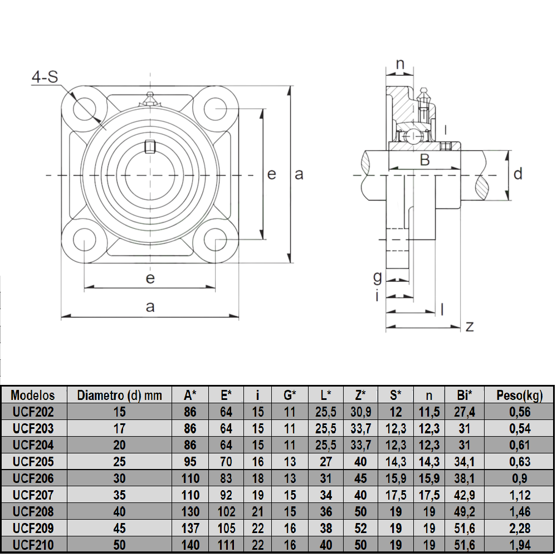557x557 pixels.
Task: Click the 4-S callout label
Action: (45, 77)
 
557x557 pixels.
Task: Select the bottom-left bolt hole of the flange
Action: (84, 240)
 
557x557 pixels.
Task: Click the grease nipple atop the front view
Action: (149, 99)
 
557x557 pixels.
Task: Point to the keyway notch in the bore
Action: (149, 146)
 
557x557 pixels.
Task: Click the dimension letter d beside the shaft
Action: (518, 174)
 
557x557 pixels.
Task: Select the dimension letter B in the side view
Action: (424, 160)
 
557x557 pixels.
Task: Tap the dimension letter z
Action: (470, 326)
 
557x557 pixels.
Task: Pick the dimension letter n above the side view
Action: (400, 64)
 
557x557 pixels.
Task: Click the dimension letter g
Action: (378, 276)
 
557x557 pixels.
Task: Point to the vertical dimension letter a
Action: (299, 174)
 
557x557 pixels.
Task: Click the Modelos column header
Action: (33, 395)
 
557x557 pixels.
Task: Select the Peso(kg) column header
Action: (520, 395)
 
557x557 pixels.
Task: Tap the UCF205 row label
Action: (33, 462)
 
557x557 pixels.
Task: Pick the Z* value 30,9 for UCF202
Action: (360, 412)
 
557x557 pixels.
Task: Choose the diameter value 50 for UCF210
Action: (119, 544)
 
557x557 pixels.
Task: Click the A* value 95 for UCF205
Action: (190, 462)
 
